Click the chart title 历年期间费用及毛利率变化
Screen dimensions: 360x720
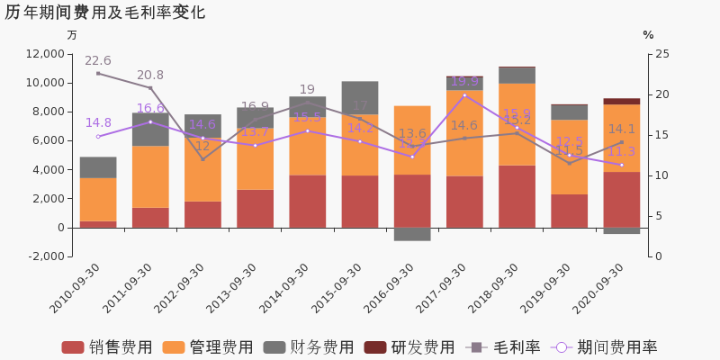(x=105, y=13)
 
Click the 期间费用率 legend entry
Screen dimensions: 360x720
(x=605, y=347)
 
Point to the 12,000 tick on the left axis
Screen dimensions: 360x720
(x=46, y=54)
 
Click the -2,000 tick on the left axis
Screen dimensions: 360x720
(x=46, y=256)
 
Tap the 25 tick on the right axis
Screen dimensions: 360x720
(x=661, y=54)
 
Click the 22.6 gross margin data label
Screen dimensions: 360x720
(x=97, y=61)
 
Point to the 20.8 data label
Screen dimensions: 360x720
(x=150, y=76)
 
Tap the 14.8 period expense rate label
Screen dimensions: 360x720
(x=98, y=123)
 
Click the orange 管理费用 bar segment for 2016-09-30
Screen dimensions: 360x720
(x=412, y=139)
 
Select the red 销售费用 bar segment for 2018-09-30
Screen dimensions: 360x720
(x=517, y=196)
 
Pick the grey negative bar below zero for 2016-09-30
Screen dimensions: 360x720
(x=412, y=234)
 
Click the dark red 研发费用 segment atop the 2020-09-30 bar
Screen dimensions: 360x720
(x=622, y=102)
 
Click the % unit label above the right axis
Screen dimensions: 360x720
(x=648, y=35)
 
